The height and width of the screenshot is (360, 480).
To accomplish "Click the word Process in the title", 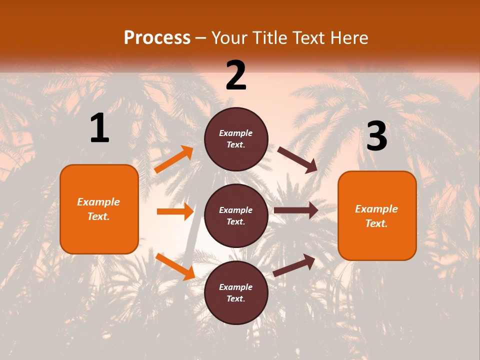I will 157,38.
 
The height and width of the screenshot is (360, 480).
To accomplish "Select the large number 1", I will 99,128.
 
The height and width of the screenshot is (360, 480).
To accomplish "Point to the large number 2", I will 236,75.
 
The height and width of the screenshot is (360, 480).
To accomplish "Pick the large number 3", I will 376,136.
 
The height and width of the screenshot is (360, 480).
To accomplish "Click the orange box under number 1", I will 99,209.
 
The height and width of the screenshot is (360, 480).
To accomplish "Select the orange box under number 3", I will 377,215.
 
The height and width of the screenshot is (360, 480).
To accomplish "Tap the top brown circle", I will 236,139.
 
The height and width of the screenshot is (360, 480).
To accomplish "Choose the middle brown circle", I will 236,215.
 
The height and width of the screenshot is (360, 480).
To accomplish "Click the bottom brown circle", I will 236,292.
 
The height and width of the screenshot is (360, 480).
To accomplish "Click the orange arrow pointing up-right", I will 174,159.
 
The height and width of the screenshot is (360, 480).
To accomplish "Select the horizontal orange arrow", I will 175,211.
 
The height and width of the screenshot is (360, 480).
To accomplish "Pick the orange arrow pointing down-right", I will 175,266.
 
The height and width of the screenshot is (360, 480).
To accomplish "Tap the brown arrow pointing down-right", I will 297,159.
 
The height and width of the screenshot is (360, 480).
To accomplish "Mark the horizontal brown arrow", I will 295,210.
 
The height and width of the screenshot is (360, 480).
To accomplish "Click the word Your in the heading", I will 228,38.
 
